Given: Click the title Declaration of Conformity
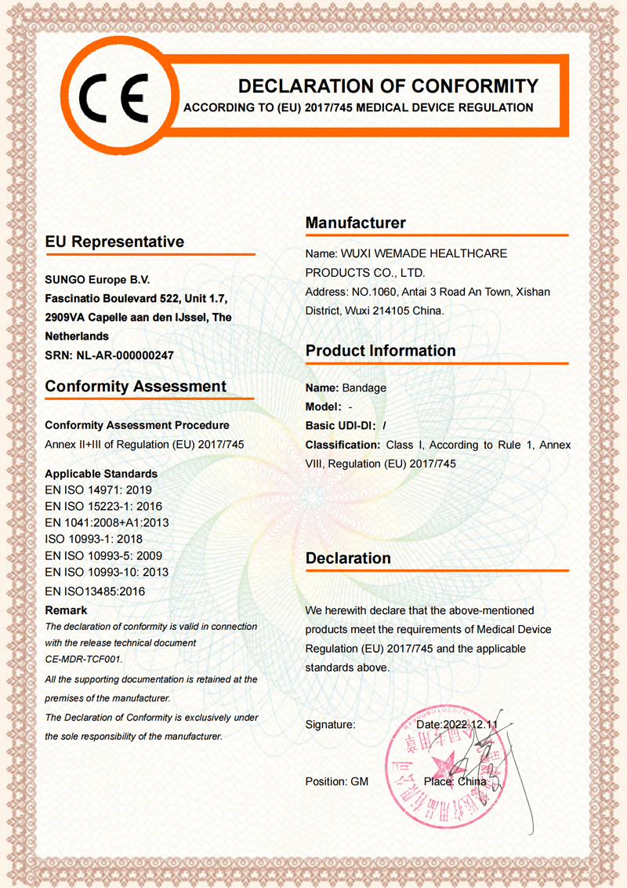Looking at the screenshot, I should (x=388, y=86).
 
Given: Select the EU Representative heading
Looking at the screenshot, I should (x=114, y=242).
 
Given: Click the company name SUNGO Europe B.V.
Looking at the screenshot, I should (x=97, y=279).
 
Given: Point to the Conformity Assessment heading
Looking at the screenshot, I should (x=136, y=386).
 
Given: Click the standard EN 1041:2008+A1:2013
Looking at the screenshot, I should (x=107, y=522).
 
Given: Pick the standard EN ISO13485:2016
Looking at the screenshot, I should (x=95, y=591).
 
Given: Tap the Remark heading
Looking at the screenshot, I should (x=66, y=610).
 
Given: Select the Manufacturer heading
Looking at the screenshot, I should (x=356, y=223).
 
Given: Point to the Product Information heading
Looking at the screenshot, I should (x=380, y=350).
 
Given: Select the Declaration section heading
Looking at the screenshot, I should (x=348, y=559).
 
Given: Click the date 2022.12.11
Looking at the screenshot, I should (x=471, y=725).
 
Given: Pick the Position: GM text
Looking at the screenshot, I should (x=336, y=781).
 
